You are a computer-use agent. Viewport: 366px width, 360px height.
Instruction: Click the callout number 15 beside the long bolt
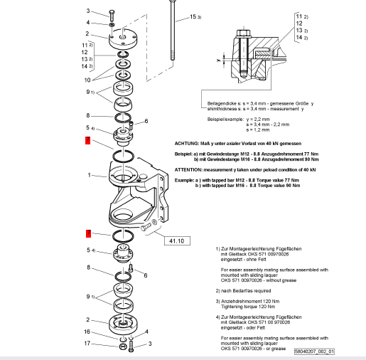pyautogui.click(x=193, y=16)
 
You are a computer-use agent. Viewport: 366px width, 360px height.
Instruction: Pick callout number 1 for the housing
pyautogui.click(x=88, y=174)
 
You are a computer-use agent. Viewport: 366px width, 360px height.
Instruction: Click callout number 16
pyautogui.click(x=88, y=332)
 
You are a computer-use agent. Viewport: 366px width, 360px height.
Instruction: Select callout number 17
pyautogui.click(x=88, y=344)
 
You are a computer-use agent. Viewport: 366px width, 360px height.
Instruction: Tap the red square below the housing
pyautogui.click(x=88, y=233)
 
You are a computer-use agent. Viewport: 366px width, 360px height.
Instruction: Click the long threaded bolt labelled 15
pyautogui.click(x=171, y=36)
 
